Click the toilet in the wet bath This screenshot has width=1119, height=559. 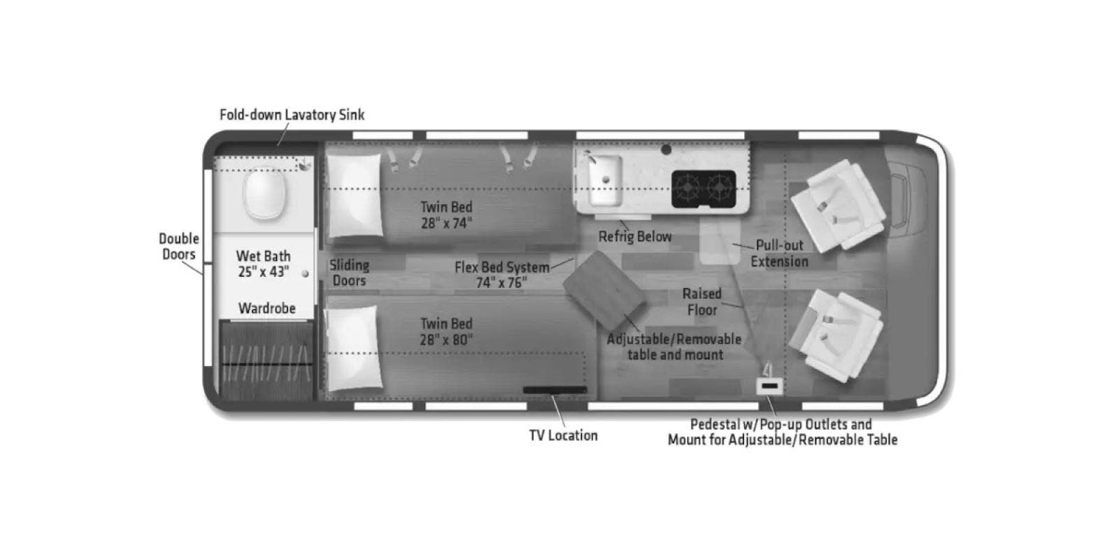[x=264, y=194]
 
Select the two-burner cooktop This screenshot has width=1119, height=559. [x=704, y=189]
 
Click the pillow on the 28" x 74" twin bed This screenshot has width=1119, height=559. [x=355, y=195]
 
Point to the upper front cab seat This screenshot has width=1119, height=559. [x=836, y=205]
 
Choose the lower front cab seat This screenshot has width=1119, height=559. [x=835, y=336]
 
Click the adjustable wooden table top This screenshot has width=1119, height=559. [x=604, y=291]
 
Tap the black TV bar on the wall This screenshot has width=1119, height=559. [x=555, y=390]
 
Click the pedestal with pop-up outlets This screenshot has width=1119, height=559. [x=769, y=386]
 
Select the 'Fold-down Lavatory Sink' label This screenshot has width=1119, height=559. [x=292, y=115]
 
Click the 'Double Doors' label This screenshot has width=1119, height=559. [x=179, y=247]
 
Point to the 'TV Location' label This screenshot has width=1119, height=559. [x=564, y=435]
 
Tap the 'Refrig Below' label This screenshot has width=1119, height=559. [x=635, y=237]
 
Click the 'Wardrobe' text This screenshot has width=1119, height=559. [x=267, y=308]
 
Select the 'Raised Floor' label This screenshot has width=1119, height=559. [x=702, y=301]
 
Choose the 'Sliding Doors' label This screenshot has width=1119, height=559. [x=349, y=273]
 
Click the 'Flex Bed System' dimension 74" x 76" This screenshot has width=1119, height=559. [x=501, y=283]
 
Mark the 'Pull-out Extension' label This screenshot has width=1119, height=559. [x=779, y=254]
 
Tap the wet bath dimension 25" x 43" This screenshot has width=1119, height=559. [x=263, y=272]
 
